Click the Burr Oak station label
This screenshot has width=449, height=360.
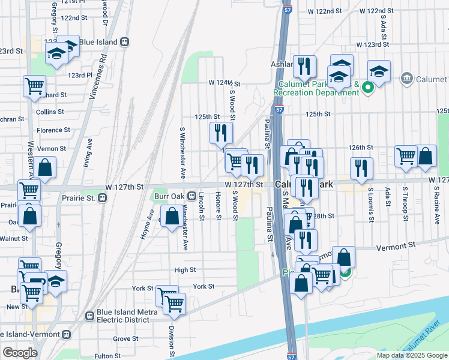tap(167, 196)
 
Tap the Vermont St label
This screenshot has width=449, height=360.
tap(396, 245)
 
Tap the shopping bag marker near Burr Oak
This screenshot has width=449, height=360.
tap(172, 216)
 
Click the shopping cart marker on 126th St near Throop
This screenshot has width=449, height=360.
tap(406, 156)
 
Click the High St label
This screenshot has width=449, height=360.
tap(185, 270)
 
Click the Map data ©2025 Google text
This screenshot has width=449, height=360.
tap(411, 355)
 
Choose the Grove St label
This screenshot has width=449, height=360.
tap(126, 338)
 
